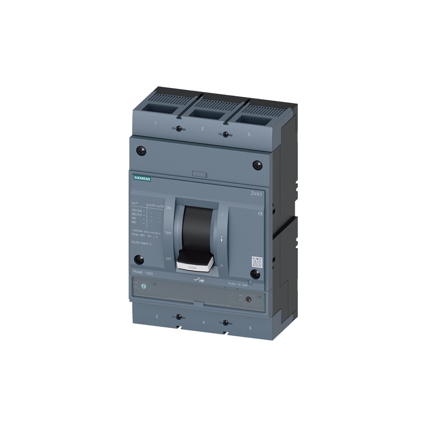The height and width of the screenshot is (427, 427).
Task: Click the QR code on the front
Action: [x=257, y=262]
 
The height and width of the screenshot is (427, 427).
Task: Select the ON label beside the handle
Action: [x=168, y=208]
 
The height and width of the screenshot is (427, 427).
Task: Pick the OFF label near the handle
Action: [x=168, y=259]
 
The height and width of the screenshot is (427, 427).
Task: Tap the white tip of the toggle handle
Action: [x=195, y=264]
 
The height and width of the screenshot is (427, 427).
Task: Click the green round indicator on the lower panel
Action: [x=143, y=287]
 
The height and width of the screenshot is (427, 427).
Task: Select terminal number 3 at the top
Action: [x=202, y=129]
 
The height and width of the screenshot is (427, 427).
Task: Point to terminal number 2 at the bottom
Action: [x=156, y=316]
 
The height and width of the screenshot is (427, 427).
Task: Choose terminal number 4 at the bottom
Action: [x=203, y=322]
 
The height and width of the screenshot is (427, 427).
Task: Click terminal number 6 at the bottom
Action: [x=250, y=328]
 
